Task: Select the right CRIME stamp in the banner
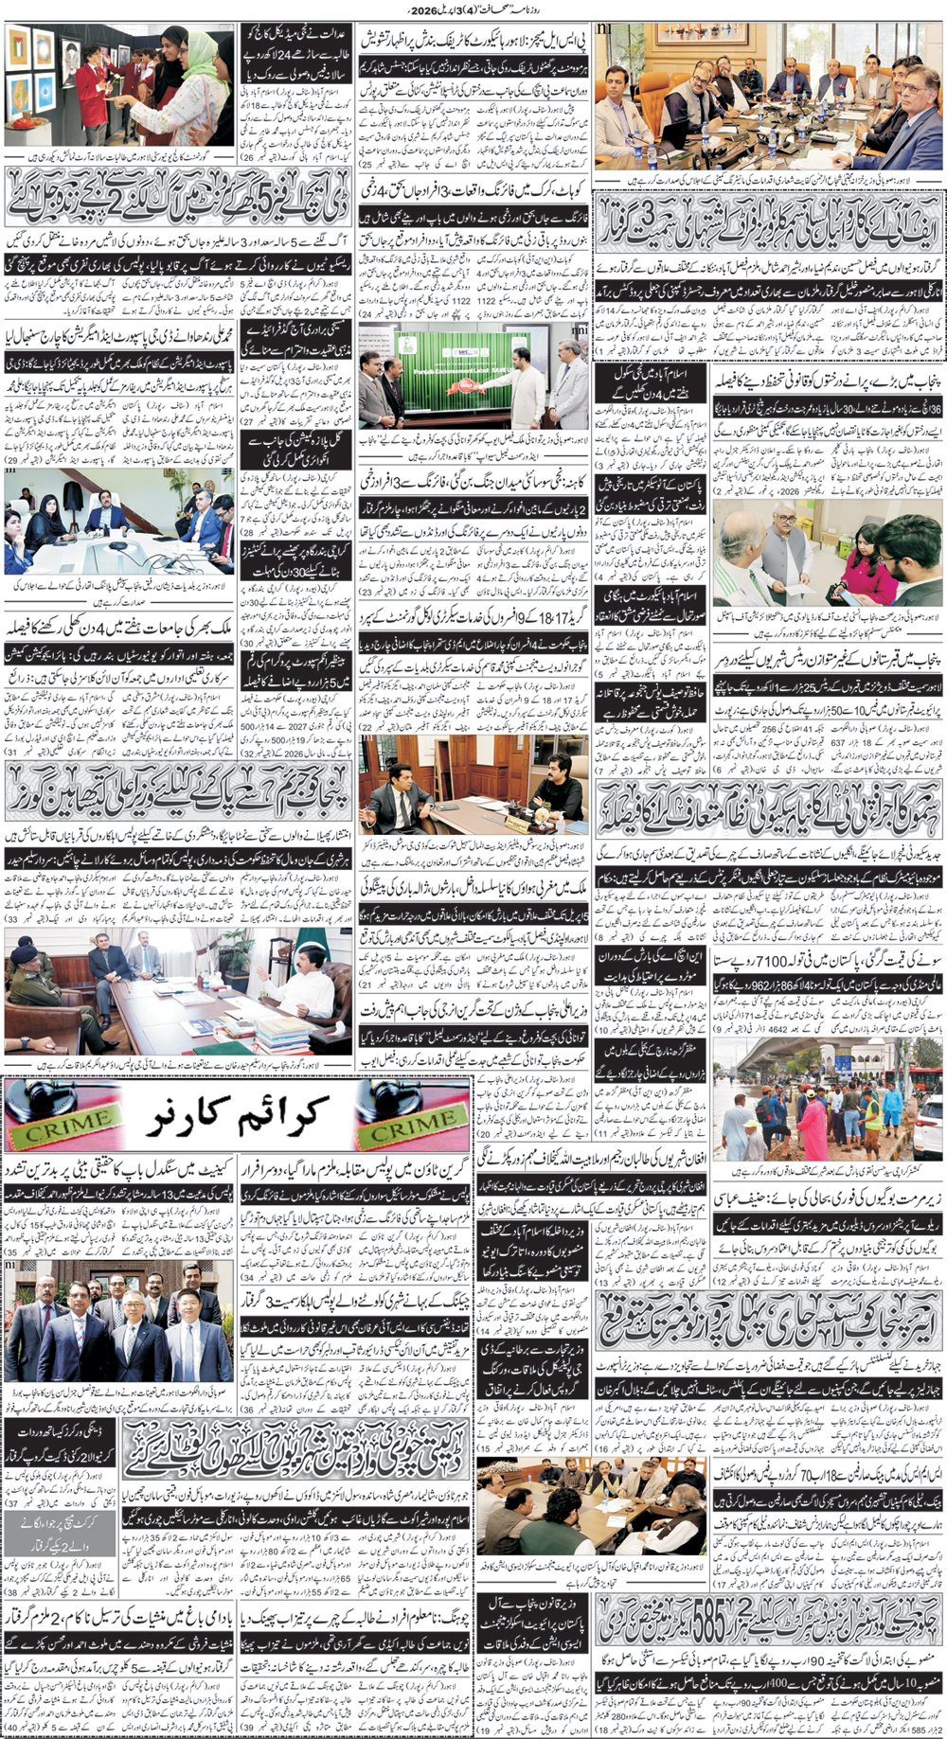413,1124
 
